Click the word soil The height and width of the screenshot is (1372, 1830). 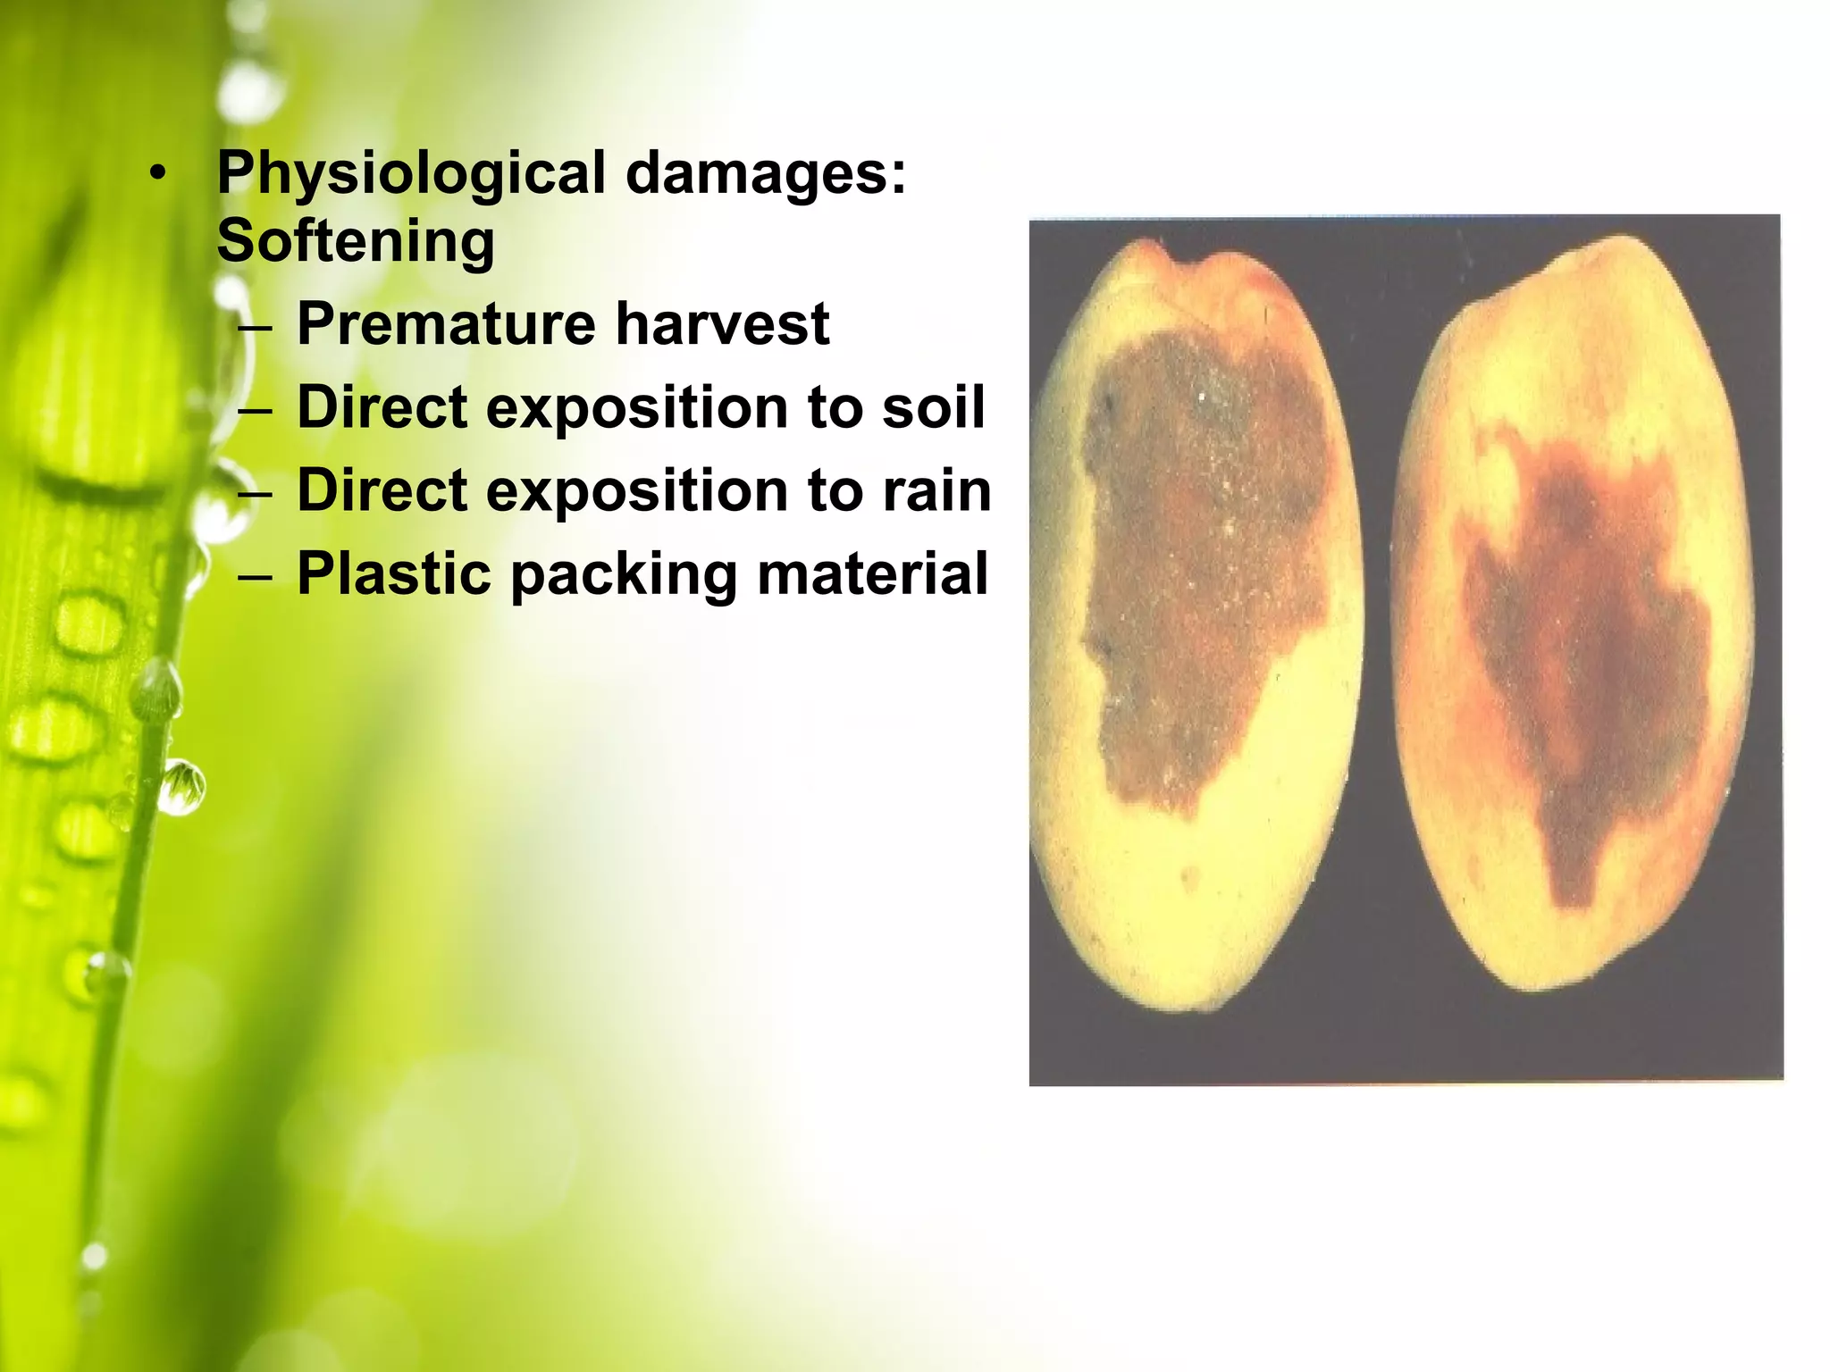point(933,407)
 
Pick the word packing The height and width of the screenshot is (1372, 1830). point(624,576)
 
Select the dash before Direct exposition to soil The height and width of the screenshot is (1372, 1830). point(256,409)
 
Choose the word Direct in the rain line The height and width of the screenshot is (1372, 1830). point(382,490)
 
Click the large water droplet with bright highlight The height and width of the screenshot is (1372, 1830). point(181,786)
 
